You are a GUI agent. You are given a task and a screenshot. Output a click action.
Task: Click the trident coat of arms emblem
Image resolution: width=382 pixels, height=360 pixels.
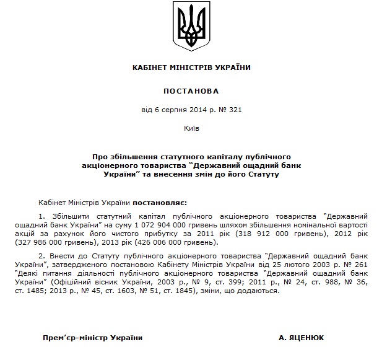[191, 25]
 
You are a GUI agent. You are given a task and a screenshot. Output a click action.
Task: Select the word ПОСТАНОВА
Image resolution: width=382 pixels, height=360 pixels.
[191, 90]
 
